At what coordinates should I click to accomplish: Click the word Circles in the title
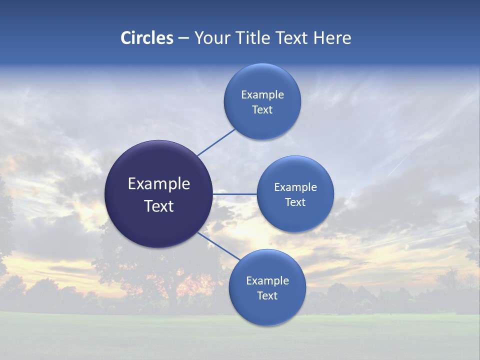[146, 38]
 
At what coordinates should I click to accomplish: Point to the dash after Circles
[183, 38]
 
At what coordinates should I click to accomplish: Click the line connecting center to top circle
[216, 142]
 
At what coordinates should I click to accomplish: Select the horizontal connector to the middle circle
[235, 194]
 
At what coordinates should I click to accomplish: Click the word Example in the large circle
[159, 184]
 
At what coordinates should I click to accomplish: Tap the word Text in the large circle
[159, 206]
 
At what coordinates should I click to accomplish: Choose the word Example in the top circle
[262, 95]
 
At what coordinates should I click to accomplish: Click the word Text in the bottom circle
[267, 296]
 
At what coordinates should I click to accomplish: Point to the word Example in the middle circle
[295, 187]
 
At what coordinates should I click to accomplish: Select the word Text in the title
[292, 38]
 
